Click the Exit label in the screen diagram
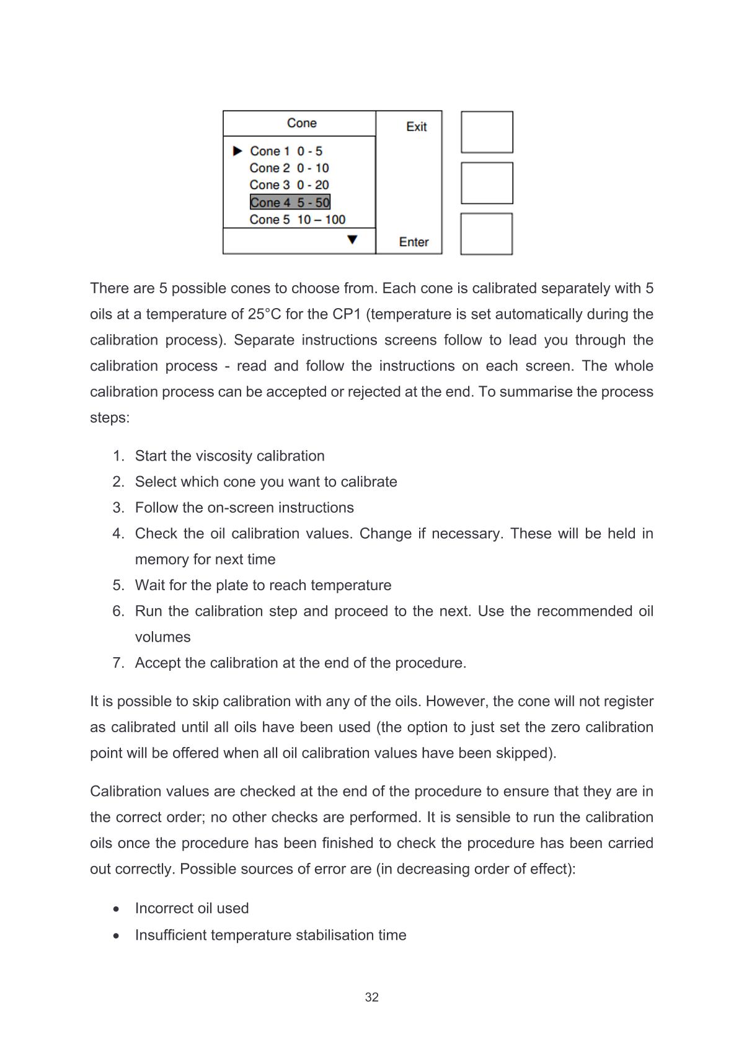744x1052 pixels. click(x=416, y=126)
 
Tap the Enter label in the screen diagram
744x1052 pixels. click(x=414, y=242)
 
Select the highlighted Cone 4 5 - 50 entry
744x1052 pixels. click(x=290, y=202)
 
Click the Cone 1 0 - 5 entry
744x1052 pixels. click(x=286, y=151)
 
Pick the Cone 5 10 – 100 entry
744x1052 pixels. click(x=297, y=219)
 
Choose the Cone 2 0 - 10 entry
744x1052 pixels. click(x=289, y=168)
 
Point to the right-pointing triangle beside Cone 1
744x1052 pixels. click(x=237, y=151)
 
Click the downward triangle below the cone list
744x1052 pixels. click(x=352, y=239)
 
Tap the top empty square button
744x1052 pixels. click(x=487, y=132)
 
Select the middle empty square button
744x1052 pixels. click(x=487, y=183)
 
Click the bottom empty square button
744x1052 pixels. click(x=487, y=234)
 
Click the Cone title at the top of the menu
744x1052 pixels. click(x=301, y=123)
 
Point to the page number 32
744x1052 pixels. click(x=372, y=997)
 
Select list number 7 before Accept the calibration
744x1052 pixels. click(x=118, y=663)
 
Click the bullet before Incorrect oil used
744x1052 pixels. click(x=117, y=909)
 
